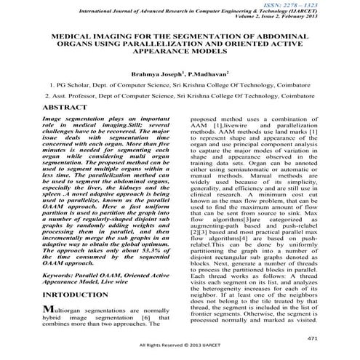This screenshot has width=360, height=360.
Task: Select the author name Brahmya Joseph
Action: [x=156, y=74]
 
